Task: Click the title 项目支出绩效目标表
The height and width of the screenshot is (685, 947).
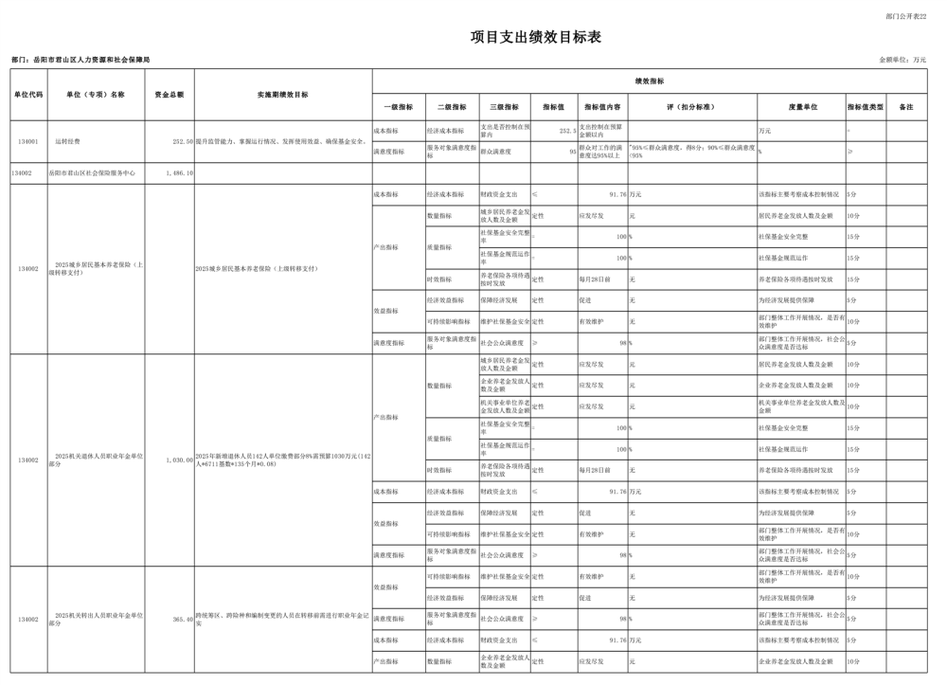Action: point(536,38)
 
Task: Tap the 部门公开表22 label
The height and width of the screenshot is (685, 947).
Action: point(906,16)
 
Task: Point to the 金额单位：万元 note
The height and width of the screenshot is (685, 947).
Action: point(902,60)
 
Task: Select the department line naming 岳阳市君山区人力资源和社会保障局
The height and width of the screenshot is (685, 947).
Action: point(80,60)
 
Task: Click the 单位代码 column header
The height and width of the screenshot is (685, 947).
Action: point(28,95)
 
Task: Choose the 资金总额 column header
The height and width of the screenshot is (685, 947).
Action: point(170,95)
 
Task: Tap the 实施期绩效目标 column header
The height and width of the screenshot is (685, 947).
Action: point(282,95)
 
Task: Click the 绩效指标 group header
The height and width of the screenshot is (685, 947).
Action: point(649,81)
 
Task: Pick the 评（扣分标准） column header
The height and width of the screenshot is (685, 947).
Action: point(690,107)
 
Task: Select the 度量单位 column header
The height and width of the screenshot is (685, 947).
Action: point(801,107)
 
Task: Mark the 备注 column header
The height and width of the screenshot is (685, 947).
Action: point(906,107)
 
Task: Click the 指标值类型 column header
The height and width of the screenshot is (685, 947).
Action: point(866,107)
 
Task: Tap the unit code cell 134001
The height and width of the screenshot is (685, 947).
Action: point(28,140)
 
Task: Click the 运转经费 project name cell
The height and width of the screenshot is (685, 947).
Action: point(68,140)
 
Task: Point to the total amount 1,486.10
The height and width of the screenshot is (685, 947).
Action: point(179,173)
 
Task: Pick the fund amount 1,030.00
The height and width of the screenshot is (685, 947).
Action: point(178,460)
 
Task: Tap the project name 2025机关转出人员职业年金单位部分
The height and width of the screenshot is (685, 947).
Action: point(97,620)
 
